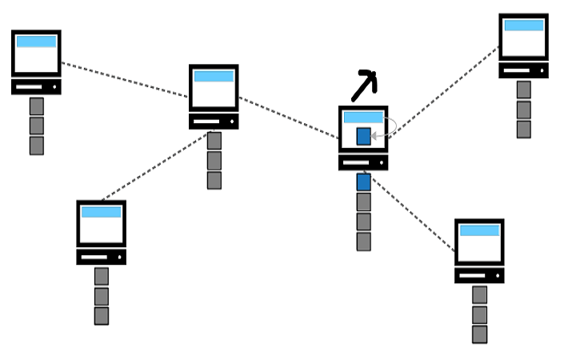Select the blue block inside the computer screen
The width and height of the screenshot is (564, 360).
click(x=363, y=136)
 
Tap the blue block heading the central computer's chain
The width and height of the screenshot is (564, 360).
click(x=363, y=182)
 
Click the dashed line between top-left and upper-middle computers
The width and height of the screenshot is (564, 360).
click(x=124, y=80)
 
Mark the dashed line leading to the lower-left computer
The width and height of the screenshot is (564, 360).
click(x=153, y=166)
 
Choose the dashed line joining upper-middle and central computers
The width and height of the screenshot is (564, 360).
click(x=288, y=118)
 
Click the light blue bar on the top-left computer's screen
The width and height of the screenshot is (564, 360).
click(x=36, y=42)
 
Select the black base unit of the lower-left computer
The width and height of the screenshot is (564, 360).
click(x=101, y=257)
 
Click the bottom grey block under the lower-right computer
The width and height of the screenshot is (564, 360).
click(x=479, y=334)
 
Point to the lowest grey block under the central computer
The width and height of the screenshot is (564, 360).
click(x=363, y=242)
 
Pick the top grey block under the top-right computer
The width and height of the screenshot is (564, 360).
click(x=523, y=90)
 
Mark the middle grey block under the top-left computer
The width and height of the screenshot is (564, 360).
click(x=36, y=126)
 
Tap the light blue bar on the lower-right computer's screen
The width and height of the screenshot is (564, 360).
click(x=479, y=230)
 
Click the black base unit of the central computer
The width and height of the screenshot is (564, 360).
click(x=363, y=162)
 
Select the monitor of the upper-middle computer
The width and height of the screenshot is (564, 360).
click(x=214, y=87)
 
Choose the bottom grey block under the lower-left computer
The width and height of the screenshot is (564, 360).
click(x=101, y=315)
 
